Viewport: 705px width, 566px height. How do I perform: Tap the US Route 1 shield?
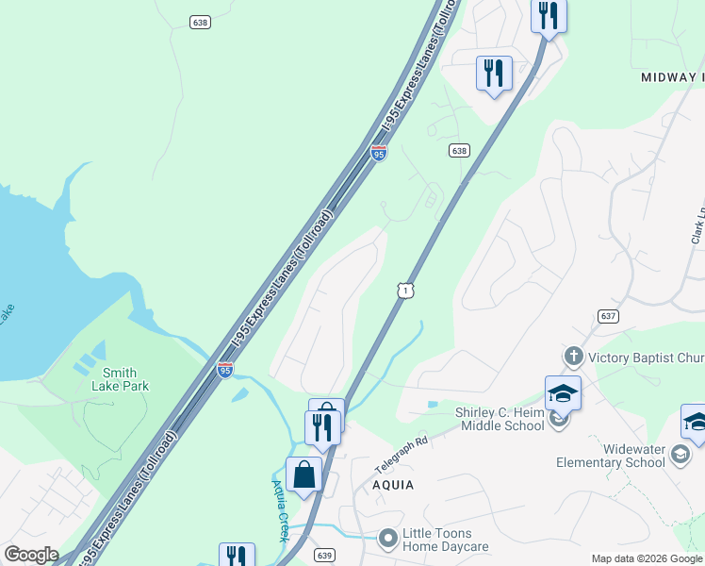coord(404,291)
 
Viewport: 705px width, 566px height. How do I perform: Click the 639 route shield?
coord(323,555)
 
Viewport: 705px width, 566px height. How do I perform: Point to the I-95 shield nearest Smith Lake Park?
coord(225,371)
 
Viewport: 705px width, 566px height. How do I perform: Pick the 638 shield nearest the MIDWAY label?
coord(459,151)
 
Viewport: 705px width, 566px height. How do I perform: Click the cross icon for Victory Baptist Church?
coord(572,357)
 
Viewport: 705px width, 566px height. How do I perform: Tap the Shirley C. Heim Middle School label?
coord(501,418)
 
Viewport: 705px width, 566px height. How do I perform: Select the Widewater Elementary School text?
coord(610,456)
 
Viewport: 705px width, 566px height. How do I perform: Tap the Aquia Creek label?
coord(280,509)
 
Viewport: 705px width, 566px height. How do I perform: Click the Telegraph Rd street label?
coord(402,451)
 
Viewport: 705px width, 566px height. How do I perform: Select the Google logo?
coord(30,555)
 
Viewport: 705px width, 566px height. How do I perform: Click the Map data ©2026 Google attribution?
coord(648,558)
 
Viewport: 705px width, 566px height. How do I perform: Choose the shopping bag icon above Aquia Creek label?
coord(304,474)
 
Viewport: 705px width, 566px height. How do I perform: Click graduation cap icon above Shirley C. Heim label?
coord(563,392)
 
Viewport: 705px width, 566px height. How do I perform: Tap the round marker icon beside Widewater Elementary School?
coord(680,457)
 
